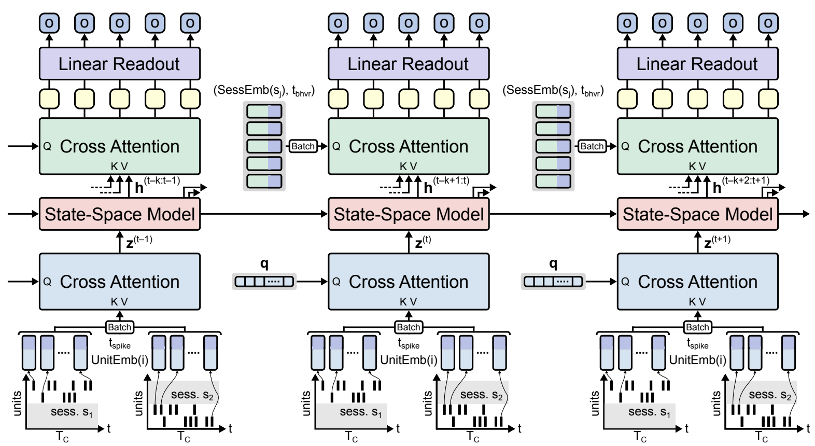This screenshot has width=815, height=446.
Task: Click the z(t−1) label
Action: click(138, 242)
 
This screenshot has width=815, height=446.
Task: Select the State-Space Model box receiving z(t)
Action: click(409, 214)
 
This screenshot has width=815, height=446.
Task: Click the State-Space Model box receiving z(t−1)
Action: click(120, 214)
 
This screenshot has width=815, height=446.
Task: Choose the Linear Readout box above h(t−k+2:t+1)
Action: click(697, 64)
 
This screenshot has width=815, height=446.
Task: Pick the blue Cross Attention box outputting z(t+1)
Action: click(697, 282)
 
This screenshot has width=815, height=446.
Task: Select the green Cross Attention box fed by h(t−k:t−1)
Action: click(120, 146)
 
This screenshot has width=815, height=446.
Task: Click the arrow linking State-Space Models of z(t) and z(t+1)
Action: click(553, 214)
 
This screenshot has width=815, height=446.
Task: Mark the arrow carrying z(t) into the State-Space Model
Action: click(409, 242)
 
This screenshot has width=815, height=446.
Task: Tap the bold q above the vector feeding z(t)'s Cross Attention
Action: click(264, 264)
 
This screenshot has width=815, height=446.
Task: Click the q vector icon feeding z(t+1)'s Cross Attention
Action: click(553, 282)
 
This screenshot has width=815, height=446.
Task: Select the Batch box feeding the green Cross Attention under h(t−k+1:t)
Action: click(303, 146)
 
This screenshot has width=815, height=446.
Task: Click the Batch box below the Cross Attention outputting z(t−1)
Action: click(119, 327)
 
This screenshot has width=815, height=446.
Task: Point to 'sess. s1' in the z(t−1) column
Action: click(72, 412)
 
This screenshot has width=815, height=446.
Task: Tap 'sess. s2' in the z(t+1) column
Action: click(770, 395)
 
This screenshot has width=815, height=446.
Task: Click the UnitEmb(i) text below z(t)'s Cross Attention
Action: click(409, 360)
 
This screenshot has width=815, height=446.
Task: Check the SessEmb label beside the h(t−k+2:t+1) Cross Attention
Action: click(553, 91)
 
